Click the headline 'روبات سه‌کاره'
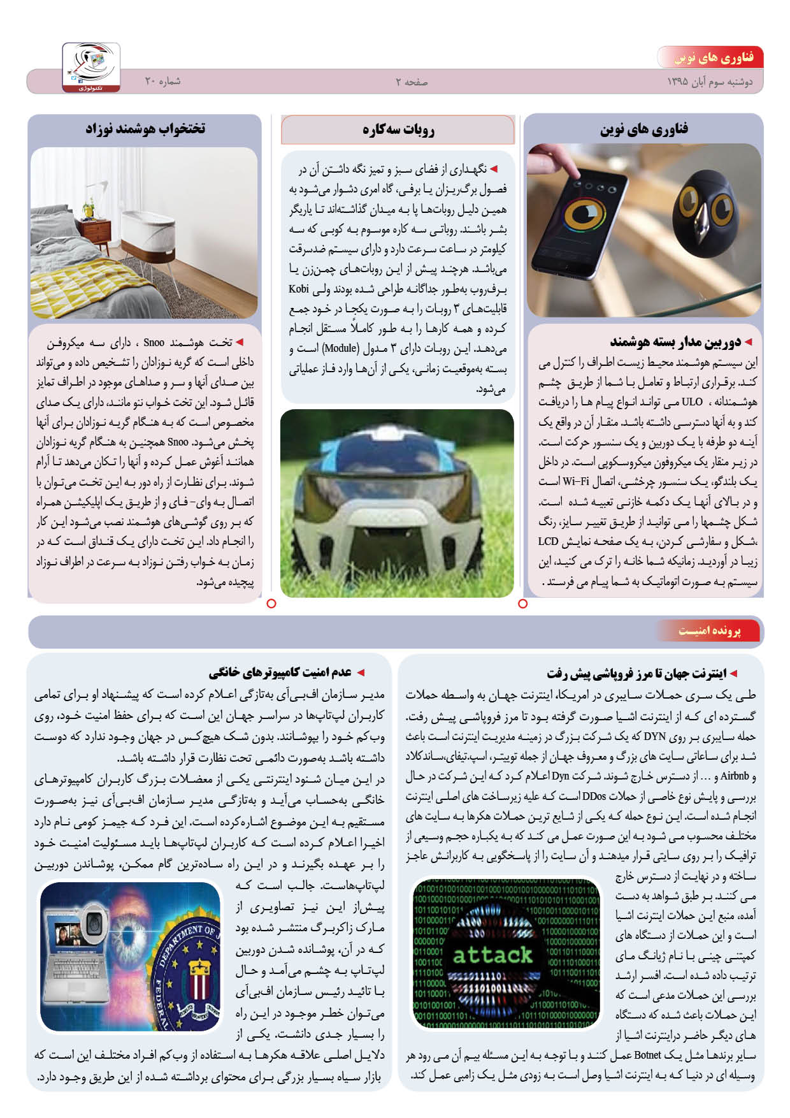click(398, 130)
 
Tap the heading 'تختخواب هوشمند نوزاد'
click(145, 129)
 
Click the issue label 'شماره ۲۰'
click(162, 82)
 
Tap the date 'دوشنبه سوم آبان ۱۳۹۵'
click(710, 82)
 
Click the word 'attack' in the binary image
click(492, 954)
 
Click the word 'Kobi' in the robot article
click(299, 289)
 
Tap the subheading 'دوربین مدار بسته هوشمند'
click(675, 343)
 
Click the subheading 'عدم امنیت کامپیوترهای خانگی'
click(280, 672)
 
